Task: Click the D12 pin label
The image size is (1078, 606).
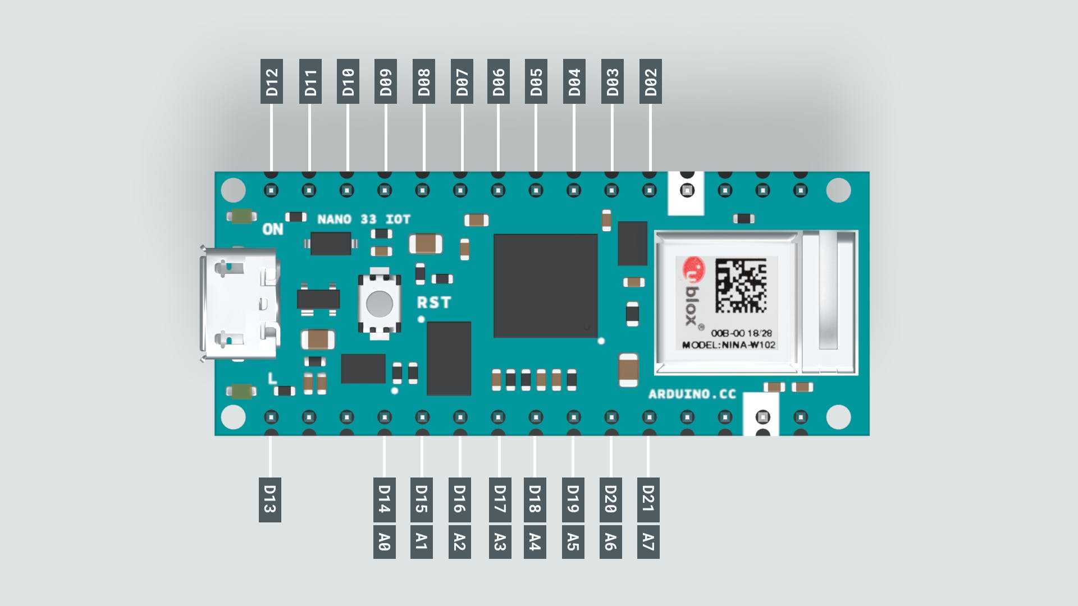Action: pyautogui.click(x=272, y=81)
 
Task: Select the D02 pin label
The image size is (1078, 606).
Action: pyautogui.click(x=650, y=81)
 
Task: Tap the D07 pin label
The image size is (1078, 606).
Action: pyautogui.click(x=462, y=81)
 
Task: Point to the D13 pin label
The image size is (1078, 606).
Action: pyautogui.click(x=270, y=500)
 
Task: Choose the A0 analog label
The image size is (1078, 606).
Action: pyautogui.click(x=385, y=542)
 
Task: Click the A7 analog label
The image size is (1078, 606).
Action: pyautogui.click(x=648, y=542)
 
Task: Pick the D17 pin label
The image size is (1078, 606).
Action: pyautogui.click(x=500, y=500)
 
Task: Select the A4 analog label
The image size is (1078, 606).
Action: pyautogui.click(x=535, y=542)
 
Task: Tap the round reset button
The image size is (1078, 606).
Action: pyautogui.click(x=380, y=304)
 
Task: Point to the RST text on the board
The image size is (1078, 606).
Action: pyautogui.click(x=434, y=303)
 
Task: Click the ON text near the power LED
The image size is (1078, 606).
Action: pyautogui.click(x=273, y=229)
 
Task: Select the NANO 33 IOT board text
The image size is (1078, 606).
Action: pyautogui.click(x=364, y=219)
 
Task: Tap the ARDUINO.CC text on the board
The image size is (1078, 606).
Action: pyautogui.click(x=692, y=394)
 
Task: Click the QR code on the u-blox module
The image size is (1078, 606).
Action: pyautogui.click(x=741, y=285)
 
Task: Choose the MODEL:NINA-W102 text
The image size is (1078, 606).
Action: pyautogui.click(x=729, y=345)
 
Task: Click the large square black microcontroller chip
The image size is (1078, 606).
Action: pyautogui.click(x=545, y=286)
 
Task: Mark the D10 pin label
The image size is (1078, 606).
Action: pyautogui.click(x=348, y=81)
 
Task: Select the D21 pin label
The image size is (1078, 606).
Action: pyautogui.click(x=648, y=500)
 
